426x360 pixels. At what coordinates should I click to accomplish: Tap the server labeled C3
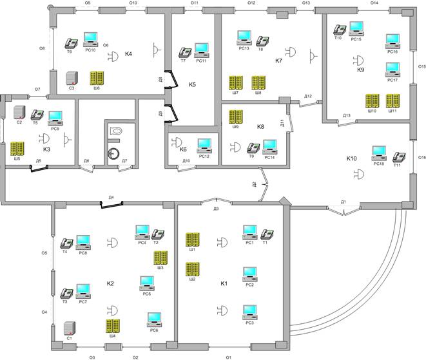pyautogui.click(x=72, y=78)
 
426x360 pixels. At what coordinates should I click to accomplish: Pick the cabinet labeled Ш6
pyautogui.click(x=97, y=78)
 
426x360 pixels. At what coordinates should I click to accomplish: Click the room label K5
pyautogui.click(x=192, y=84)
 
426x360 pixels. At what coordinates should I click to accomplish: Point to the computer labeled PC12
pyautogui.click(x=204, y=144)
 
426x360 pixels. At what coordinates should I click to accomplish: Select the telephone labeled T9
pyautogui.click(x=253, y=147)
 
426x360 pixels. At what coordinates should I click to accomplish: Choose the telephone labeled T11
pyautogui.click(x=399, y=156)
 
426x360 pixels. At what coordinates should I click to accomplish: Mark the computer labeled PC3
pyautogui.click(x=249, y=312)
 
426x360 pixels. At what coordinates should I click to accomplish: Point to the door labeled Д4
pyautogui.click(x=111, y=204)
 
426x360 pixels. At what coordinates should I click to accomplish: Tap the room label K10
pyautogui.click(x=351, y=158)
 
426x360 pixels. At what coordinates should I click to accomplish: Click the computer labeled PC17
pyautogui.click(x=392, y=69)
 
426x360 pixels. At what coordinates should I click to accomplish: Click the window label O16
pyautogui.click(x=421, y=157)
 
